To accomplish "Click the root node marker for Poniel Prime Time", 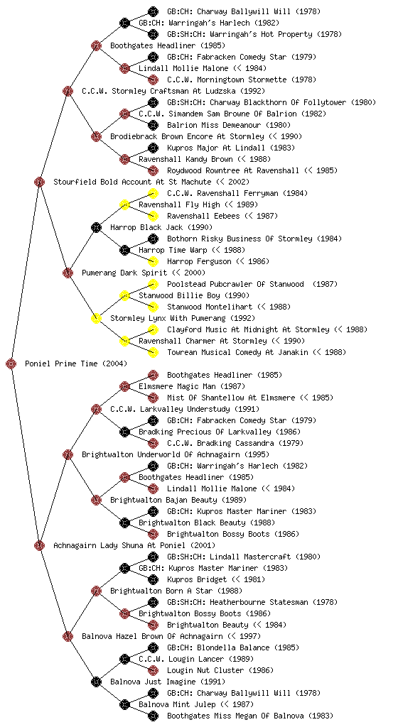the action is coord(11,363).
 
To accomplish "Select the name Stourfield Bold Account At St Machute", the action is coord(132,182).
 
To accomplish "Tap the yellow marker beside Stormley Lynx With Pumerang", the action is coord(96,318).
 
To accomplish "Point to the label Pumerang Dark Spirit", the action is coord(124,273).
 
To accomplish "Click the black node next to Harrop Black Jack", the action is coord(96,227).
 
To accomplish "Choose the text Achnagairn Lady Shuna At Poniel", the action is coord(119,545).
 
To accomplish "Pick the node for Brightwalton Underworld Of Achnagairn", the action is coord(68,454).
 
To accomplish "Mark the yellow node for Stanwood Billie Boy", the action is coord(124,295).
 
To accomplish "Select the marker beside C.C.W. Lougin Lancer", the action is coord(124,659).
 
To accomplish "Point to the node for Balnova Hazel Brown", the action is coord(68,636).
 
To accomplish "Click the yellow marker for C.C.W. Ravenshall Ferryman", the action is coord(153,193).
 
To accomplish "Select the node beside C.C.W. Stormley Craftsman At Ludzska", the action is coord(68,91).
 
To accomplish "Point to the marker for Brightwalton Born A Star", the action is coord(96,591).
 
